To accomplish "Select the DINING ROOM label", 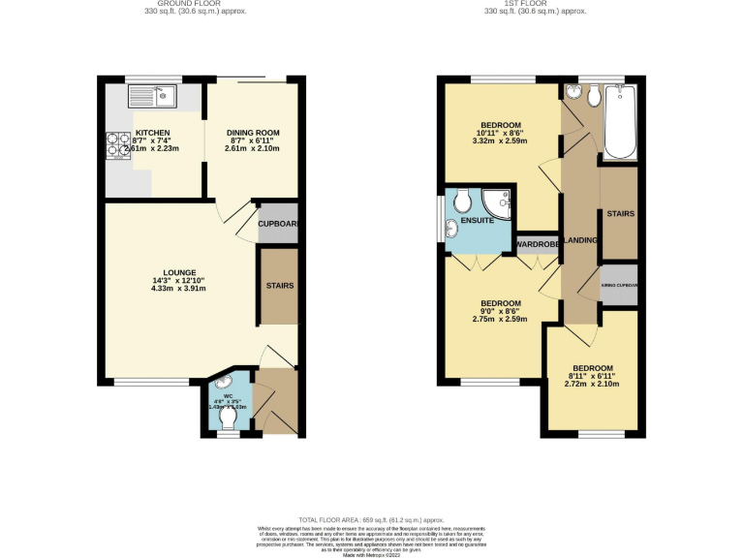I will (253, 133).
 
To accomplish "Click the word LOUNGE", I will (180, 272).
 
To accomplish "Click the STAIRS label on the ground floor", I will (280, 285).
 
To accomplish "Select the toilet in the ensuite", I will (463, 200).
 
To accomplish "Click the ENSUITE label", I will (477, 221).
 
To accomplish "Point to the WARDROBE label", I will (538, 244).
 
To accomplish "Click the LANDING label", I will (581, 239).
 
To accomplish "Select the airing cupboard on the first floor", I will (618, 285).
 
